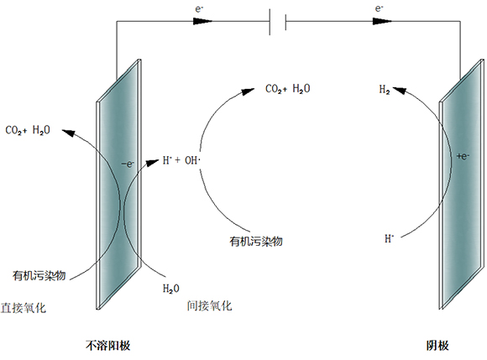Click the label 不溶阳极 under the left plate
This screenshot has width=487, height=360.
(107, 346)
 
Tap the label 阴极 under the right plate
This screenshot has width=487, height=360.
(437, 346)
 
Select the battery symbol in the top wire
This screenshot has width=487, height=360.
(278, 22)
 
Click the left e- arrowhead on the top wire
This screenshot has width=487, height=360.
(202, 21)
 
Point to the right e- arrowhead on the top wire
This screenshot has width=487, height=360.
(382, 21)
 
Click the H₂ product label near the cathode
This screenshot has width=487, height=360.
(385, 90)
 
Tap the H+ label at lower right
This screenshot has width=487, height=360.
(389, 238)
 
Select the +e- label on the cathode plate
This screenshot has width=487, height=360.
(463, 156)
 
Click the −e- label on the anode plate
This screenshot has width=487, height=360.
(128, 164)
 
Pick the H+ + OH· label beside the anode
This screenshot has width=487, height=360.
(181, 160)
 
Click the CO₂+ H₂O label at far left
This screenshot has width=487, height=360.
(28, 130)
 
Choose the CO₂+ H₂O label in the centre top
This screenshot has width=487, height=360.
(288, 89)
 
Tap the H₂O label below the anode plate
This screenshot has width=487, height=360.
(170, 289)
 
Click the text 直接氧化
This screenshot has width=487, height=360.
(24, 308)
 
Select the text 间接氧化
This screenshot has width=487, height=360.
(209, 306)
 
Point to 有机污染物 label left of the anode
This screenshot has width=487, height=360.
(39, 275)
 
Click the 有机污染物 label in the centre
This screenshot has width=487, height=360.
(256, 241)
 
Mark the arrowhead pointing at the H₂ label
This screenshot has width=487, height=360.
(400, 91)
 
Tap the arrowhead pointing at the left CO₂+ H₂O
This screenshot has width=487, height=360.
(69, 133)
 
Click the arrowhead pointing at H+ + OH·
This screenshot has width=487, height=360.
(153, 163)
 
